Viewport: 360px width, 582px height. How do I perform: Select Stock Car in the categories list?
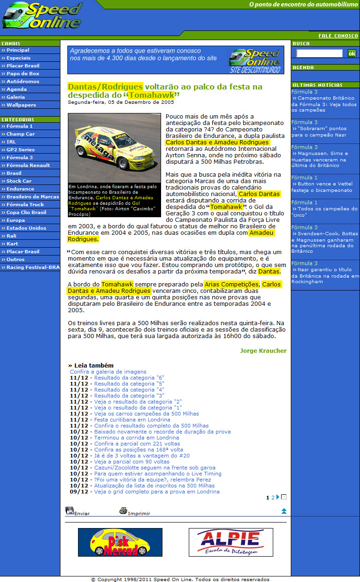19,181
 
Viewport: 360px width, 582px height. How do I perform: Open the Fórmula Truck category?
25,205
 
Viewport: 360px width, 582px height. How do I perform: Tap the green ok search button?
352,53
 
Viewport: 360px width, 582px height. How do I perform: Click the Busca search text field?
319,53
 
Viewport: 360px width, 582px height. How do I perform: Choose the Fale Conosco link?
338,36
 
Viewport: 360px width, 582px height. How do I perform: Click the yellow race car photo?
114,148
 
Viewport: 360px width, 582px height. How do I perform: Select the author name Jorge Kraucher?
263,351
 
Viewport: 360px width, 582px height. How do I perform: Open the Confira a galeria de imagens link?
108,372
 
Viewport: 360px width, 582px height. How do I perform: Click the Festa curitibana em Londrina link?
132,420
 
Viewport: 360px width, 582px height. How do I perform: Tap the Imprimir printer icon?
123,511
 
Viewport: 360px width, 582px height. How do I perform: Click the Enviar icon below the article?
70,511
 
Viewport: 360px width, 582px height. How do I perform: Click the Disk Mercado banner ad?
120,542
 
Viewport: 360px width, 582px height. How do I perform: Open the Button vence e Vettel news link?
324,187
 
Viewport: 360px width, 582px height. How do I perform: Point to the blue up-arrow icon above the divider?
284,511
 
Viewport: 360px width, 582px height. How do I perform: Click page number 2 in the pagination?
273,498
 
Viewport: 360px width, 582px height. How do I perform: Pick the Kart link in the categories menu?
12,244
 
